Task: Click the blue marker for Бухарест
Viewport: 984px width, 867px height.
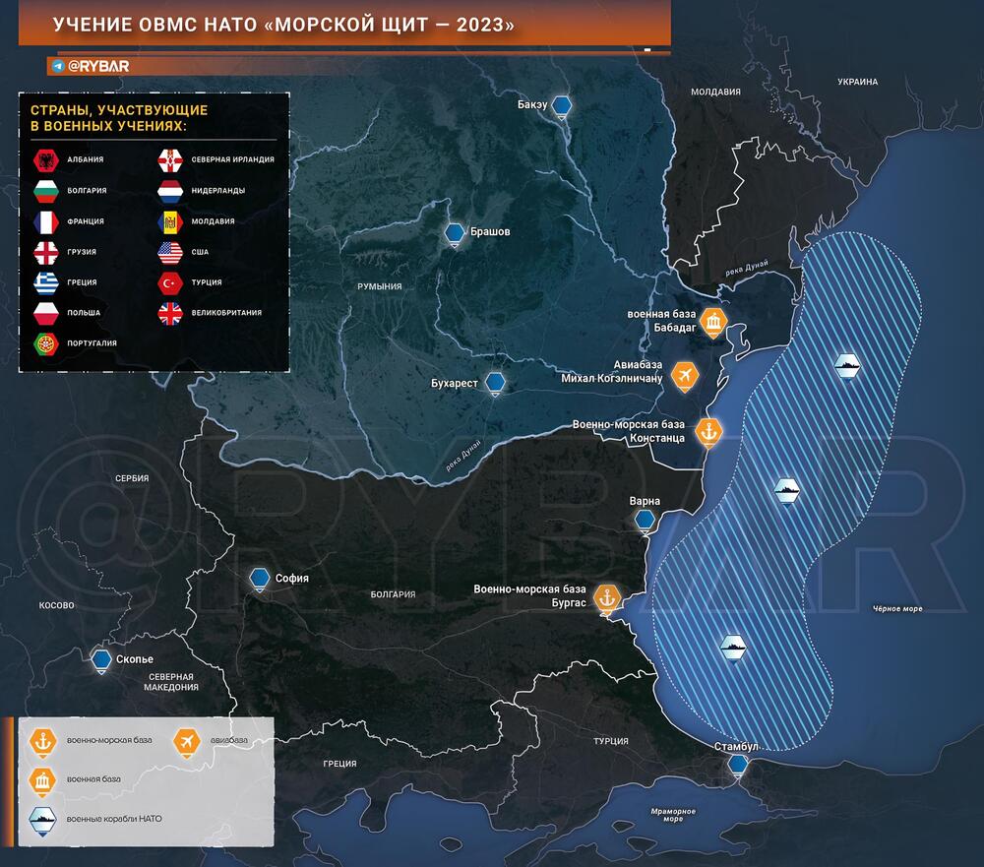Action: pos(498,383)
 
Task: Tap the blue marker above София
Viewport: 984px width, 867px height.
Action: pos(261,579)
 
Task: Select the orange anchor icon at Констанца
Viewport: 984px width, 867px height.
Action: pos(707,431)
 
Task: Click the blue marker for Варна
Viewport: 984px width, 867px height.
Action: pos(646,521)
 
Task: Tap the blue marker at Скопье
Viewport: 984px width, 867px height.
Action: pos(100,660)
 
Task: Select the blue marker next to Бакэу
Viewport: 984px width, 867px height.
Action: pos(561,105)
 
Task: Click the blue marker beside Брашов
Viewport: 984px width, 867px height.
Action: pos(455,233)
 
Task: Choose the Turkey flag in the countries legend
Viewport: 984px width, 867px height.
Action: pos(170,282)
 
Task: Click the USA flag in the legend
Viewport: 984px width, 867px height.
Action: pos(170,252)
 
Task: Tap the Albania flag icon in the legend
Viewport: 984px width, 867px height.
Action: pos(44,159)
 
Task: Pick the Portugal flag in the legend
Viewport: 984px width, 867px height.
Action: pos(44,343)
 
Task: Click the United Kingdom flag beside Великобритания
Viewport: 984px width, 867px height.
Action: pos(170,313)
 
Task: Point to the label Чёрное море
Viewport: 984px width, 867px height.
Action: pos(896,609)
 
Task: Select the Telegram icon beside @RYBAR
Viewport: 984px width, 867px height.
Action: pos(59,66)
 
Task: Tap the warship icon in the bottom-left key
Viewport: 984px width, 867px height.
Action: pos(44,819)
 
